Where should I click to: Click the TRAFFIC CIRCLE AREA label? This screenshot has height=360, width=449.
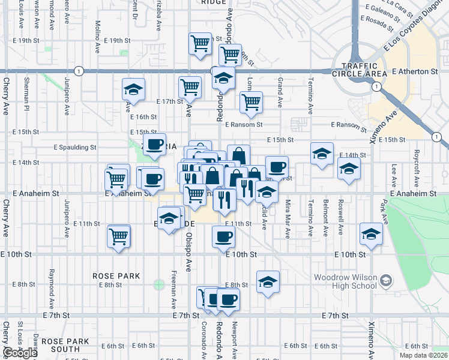[x=364, y=70]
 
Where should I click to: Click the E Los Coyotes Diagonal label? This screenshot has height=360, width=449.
[x=423, y=29]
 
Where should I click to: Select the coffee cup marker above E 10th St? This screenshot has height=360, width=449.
[x=224, y=236]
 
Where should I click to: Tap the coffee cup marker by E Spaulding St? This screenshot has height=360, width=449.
[x=155, y=145]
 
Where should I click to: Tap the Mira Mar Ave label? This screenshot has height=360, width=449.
[x=288, y=217]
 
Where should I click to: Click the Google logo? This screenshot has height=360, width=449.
[x=20, y=353]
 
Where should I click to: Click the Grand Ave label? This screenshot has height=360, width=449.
[x=280, y=92]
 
